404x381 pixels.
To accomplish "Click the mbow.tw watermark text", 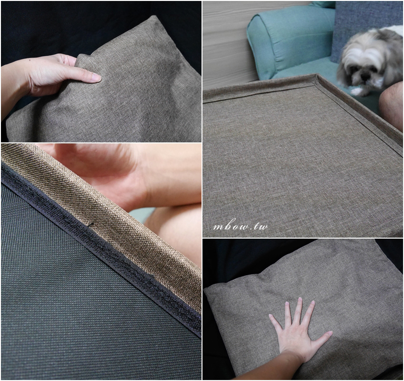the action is (240, 226).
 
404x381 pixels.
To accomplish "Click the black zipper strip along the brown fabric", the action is (100, 248).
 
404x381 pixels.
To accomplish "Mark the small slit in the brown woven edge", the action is (90, 225).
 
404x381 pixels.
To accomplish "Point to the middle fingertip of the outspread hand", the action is (299, 299).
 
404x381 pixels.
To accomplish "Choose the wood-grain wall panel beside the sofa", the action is (227, 44).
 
